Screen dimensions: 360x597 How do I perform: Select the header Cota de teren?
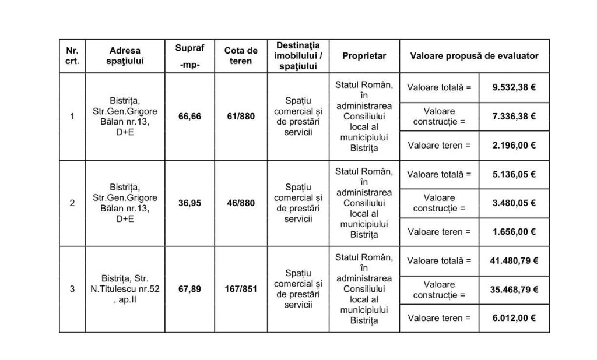pyautogui.click(x=241, y=56)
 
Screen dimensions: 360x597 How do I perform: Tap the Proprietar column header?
pyautogui.click(x=364, y=56)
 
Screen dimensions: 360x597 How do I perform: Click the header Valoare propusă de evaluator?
pyautogui.click(x=474, y=56)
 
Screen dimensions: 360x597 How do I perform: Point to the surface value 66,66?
pyautogui.click(x=191, y=117)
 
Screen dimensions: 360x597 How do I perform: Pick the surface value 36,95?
pyautogui.click(x=191, y=203)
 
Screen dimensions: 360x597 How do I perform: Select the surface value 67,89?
pyautogui.click(x=191, y=290)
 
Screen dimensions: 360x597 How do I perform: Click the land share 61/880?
pyautogui.click(x=241, y=117)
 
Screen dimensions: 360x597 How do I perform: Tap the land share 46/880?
pyautogui.click(x=241, y=203)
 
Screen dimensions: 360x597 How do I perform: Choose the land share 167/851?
pyautogui.click(x=241, y=290)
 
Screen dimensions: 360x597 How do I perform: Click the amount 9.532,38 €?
pyautogui.click(x=514, y=87)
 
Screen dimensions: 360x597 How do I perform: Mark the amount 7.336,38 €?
pyautogui.click(x=514, y=116)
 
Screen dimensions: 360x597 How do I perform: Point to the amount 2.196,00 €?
pyautogui.click(x=514, y=145)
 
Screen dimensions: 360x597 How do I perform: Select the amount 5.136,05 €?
pyautogui.click(x=514, y=174)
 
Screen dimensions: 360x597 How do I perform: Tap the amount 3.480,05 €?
pyautogui.click(x=514, y=203)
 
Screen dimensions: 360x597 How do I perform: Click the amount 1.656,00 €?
pyautogui.click(x=514, y=232)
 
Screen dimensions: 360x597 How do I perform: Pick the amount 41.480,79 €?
pyautogui.click(x=514, y=260)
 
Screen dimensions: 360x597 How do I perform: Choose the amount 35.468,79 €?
pyautogui.click(x=514, y=290)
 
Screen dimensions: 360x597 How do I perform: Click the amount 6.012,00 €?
pyautogui.click(x=514, y=318)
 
